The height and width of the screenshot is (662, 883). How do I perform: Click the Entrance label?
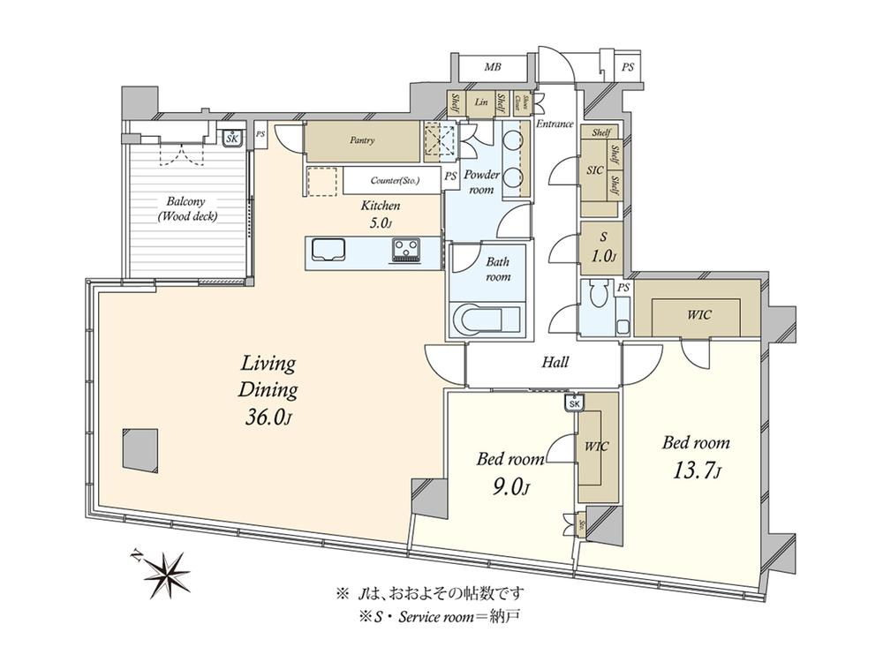(555, 124)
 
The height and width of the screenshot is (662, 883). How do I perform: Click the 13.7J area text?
(697, 471)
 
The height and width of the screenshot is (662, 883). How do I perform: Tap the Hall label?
(554, 362)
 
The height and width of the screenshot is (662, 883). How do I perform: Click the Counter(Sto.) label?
(395, 180)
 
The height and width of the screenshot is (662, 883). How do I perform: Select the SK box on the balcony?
(232, 139)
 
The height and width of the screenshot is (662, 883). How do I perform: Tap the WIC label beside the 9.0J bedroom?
(597, 446)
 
